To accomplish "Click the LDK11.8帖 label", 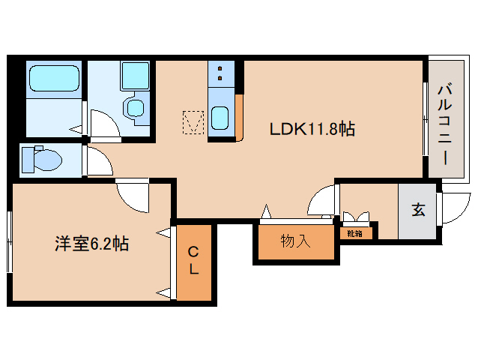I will click(312, 129).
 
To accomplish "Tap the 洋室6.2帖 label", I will click(91, 244).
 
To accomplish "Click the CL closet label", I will click(193, 260).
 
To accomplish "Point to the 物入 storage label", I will click(295, 241).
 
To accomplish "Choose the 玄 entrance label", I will click(417, 211).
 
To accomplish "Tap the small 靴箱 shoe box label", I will click(355, 233).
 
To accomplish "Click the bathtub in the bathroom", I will click(53, 79).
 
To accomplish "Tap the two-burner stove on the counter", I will click(220, 73).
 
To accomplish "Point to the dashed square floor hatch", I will click(193, 121).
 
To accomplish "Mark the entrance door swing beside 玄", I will click(451, 208).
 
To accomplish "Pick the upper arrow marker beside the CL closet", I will click(162, 235).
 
